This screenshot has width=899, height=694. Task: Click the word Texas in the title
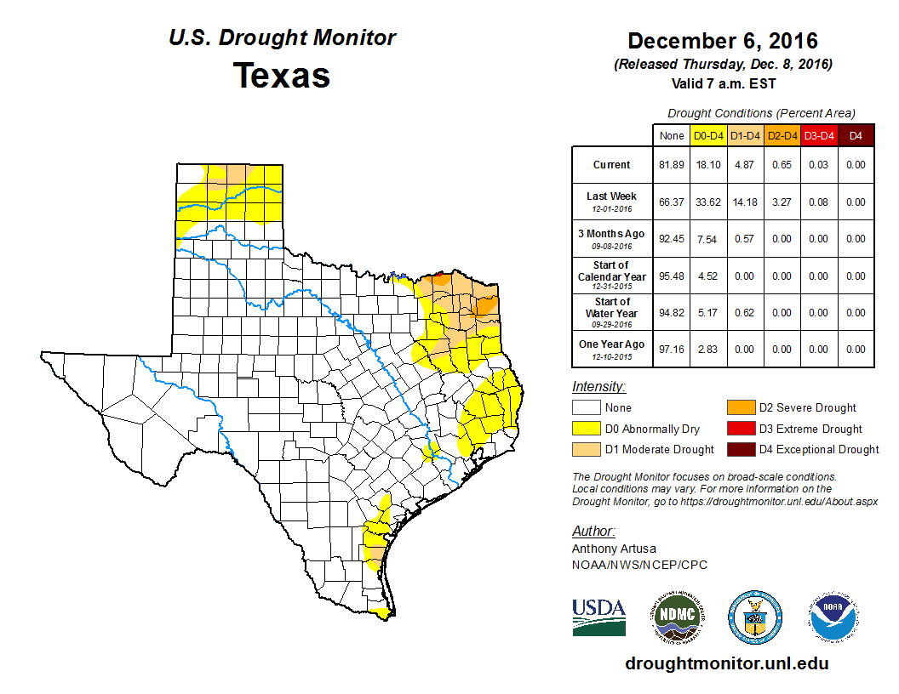[282, 75]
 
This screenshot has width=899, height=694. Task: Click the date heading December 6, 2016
[722, 41]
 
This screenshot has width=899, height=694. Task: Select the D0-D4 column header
[708, 135]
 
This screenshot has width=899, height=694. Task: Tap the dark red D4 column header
[856, 135]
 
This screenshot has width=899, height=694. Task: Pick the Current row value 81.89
[671, 165]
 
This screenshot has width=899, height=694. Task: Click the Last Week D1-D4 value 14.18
[745, 202]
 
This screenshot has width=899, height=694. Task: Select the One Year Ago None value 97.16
[671, 349]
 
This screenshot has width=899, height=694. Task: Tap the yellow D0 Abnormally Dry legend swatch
[586, 429]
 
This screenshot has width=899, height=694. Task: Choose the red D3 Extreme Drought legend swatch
[739, 429]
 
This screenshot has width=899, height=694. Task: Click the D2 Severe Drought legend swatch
[739, 408]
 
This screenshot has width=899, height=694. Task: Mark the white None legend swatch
[586, 408]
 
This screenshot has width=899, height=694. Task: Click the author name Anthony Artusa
[614, 549]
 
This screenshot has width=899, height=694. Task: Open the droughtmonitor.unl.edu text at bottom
[726, 663]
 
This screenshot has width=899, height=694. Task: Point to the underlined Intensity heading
[598, 387]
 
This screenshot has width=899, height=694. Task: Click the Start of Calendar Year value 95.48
[671, 276]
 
